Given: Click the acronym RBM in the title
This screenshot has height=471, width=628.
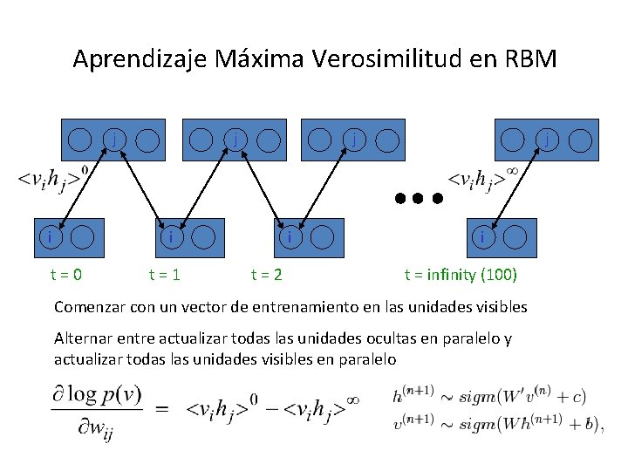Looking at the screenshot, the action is [x=528, y=59].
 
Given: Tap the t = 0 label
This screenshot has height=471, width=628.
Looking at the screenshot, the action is [x=65, y=276].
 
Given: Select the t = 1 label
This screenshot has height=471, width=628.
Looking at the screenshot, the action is [x=164, y=276].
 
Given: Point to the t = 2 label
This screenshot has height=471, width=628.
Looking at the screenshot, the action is [x=266, y=276].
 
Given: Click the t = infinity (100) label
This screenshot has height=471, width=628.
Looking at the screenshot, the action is [x=461, y=276].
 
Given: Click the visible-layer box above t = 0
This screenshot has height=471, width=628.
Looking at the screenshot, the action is [x=70, y=235].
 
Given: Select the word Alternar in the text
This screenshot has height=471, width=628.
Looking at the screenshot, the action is [x=85, y=338].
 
